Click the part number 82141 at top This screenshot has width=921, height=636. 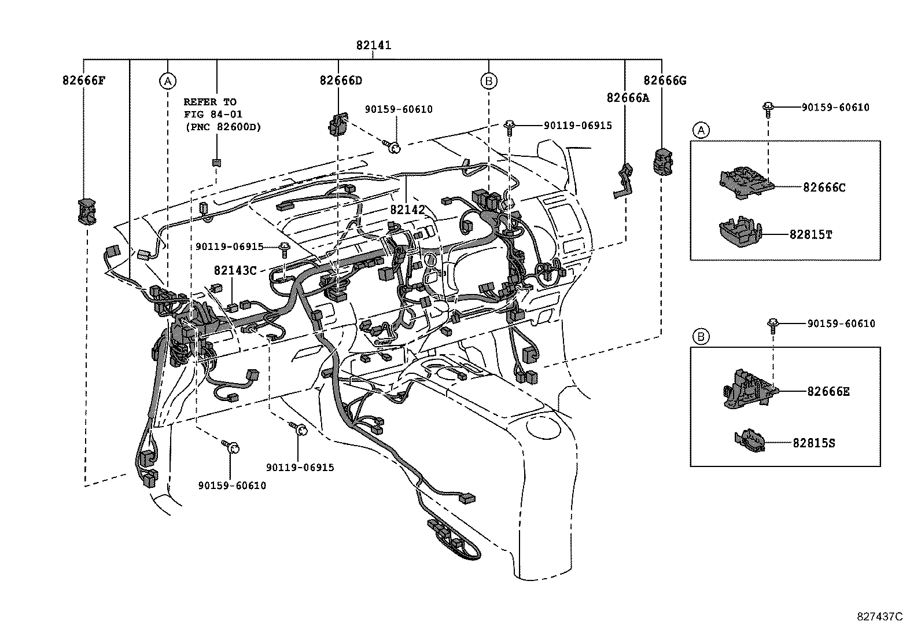click(x=374, y=45)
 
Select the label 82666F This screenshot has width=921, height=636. click(x=84, y=80)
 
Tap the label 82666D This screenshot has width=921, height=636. click(x=341, y=80)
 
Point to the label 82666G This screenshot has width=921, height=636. click(x=665, y=80)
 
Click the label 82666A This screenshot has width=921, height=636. click(x=628, y=98)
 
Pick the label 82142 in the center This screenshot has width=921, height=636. click(x=407, y=209)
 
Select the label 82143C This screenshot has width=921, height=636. click(x=235, y=270)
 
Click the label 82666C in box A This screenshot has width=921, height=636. click(x=824, y=187)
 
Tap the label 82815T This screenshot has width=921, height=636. click(x=811, y=234)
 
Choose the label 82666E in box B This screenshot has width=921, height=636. click(x=828, y=391)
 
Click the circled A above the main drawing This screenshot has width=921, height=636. click(x=167, y=81)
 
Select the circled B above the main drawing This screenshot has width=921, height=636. click(x=489, y=81)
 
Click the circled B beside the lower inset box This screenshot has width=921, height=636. click(x=701, y=336)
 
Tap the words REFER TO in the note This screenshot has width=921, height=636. click(x=210, y=102)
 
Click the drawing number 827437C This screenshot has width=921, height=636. click(x=879, y=616)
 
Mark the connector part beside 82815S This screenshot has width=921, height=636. click(x=749, y=441)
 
